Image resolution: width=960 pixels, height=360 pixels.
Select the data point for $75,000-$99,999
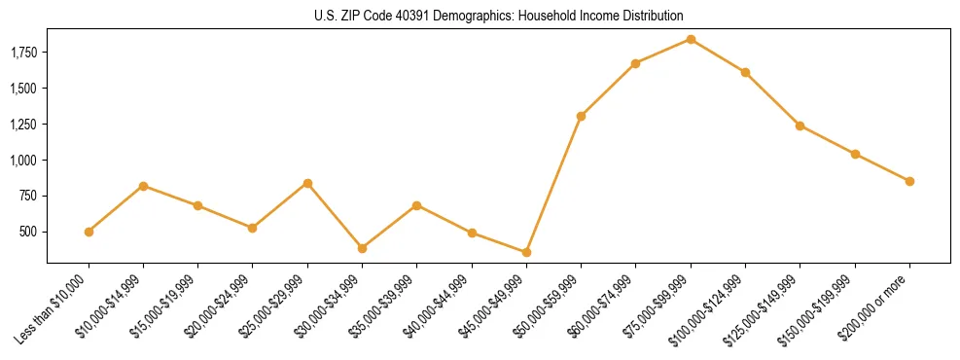point(691,39)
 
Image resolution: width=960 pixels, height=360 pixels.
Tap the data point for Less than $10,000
point(89,232)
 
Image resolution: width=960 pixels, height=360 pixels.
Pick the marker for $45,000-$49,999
point(526,252)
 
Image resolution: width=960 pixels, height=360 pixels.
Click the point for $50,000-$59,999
point(581,116)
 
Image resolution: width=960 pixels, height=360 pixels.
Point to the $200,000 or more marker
point(909,181)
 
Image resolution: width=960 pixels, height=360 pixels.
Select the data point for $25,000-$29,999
point(307,183)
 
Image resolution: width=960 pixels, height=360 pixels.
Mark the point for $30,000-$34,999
point(362,248)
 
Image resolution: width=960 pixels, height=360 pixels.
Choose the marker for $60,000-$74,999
point(635,63)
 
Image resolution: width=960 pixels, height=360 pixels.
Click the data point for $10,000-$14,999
point(143,186)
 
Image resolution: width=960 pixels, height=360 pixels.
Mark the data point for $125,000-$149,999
point(800,126)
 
